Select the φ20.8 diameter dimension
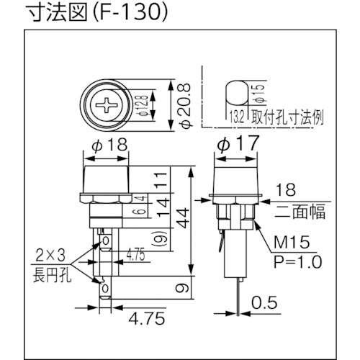(186, 105)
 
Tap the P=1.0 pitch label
(295, 261)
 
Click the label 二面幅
(298, 212)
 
